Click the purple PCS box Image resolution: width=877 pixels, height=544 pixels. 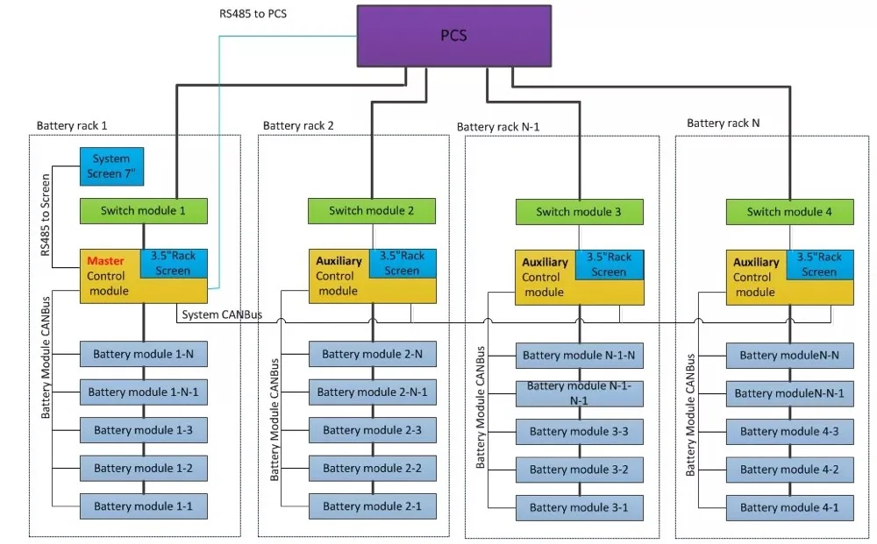[453, 37]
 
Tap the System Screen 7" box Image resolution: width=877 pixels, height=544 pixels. [111, 166]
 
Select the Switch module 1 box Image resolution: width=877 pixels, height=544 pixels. [144, 211]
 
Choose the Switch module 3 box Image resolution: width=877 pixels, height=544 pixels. [579, 212]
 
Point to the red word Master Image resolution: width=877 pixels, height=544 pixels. [104, 261]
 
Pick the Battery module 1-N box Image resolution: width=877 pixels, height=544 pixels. [144, 354]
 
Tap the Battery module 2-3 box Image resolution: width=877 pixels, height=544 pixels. [373, 430]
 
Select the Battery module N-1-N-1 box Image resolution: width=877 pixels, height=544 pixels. [579, 392]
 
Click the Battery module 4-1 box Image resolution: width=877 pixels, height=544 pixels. [789, 507]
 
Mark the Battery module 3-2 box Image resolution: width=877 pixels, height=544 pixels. [579, 470]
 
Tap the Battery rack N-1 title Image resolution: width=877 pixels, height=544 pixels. [498, 127]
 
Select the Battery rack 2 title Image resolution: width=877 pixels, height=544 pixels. [298, 125]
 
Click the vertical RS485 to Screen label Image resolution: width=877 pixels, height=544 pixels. [46, 214]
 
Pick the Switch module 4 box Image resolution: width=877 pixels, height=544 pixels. [789, 212]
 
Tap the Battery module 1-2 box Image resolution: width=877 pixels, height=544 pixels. [144, 468]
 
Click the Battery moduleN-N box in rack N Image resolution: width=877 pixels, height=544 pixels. [789, 355]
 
